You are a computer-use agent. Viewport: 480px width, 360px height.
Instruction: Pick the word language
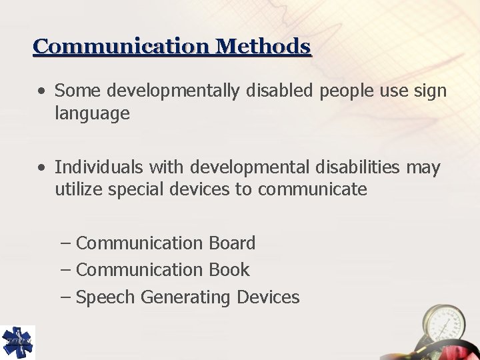pyautogui.click(x=92, y=115)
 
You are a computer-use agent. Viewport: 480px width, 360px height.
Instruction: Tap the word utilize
pyautogui.click(x=79, y=189)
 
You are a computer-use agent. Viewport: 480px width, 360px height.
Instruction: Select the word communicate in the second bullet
pyautogui.click(x=313, y=189)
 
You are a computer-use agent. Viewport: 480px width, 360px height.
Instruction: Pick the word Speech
pyautogui.click(x=105, y=297)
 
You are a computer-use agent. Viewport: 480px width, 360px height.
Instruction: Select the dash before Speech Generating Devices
pyautogui.click(x=65, y=297)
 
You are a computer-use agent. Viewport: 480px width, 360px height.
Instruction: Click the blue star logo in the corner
pyautogui.click(x=18, y=342)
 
